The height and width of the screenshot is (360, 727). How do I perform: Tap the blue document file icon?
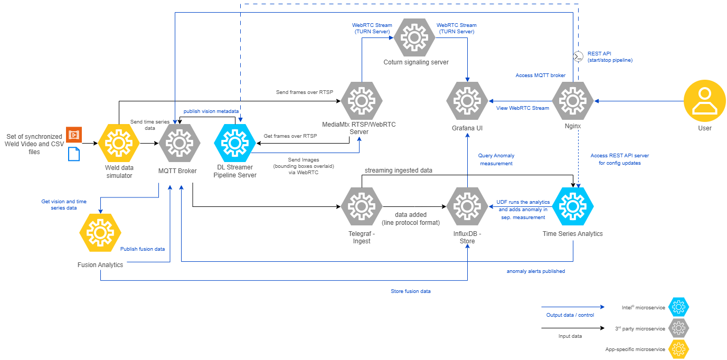pos(74,154)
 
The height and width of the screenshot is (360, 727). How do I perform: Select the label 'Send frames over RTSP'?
pos(304,92)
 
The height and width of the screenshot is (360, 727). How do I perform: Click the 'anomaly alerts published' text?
pos(535,271)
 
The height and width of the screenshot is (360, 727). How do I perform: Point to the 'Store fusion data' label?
pos(410,291)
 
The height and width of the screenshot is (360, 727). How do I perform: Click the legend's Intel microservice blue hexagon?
pos(678,307)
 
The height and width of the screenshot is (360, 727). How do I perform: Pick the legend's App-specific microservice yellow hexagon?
pos(678,349)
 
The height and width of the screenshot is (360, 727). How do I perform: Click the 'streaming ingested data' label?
pos(399,170)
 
